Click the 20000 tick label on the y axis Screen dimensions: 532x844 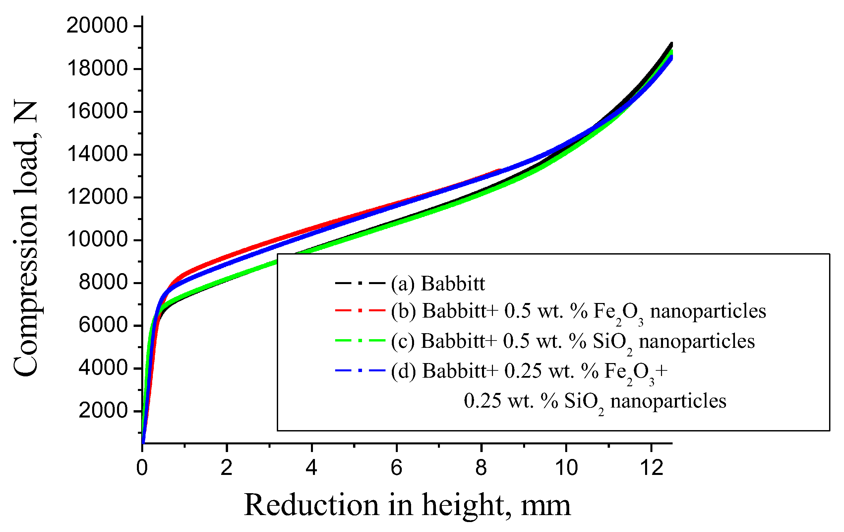[97, 26]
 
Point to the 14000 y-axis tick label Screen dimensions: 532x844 [97, 154]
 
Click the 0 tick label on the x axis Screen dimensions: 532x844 [142, 468]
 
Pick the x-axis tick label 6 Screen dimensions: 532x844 [396, 468]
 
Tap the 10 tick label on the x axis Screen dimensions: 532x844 [567, 468]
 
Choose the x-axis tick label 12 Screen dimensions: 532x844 [651, 468]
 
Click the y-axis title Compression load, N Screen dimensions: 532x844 [26, 239]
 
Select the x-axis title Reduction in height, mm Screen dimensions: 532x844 [407, 505]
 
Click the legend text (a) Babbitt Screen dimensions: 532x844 [438, 283]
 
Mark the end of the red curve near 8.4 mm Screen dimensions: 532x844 [500, 170]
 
